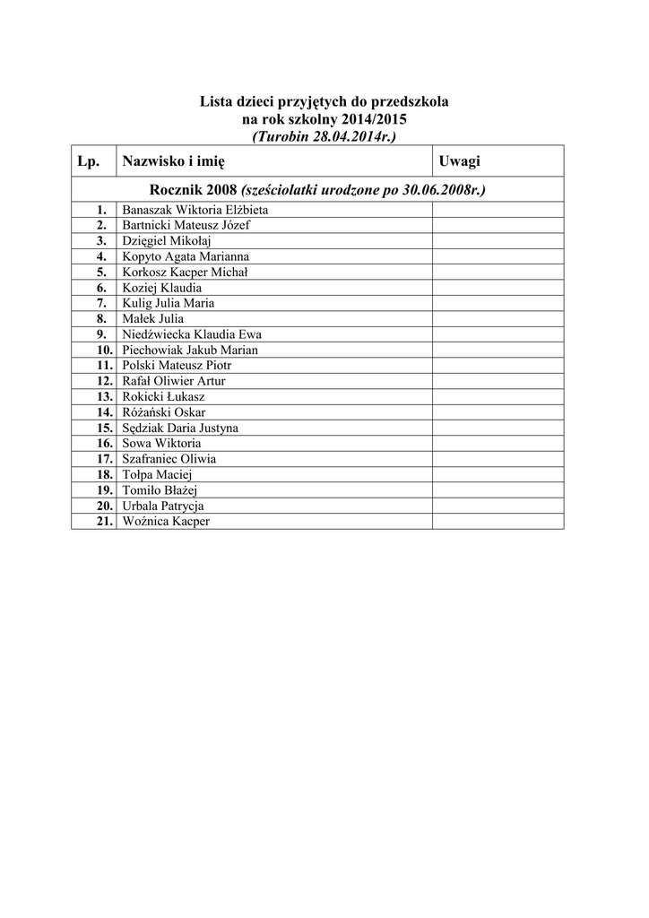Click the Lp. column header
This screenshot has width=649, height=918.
(88, 161)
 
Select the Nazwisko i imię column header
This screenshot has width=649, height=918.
(174, 161)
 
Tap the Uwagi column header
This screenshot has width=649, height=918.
(459, 161)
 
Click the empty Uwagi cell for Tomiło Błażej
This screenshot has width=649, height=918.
(498, 490)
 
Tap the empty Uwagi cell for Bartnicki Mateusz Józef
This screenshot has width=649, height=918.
(498, 225)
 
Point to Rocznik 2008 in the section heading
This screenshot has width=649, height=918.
(195, 190)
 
